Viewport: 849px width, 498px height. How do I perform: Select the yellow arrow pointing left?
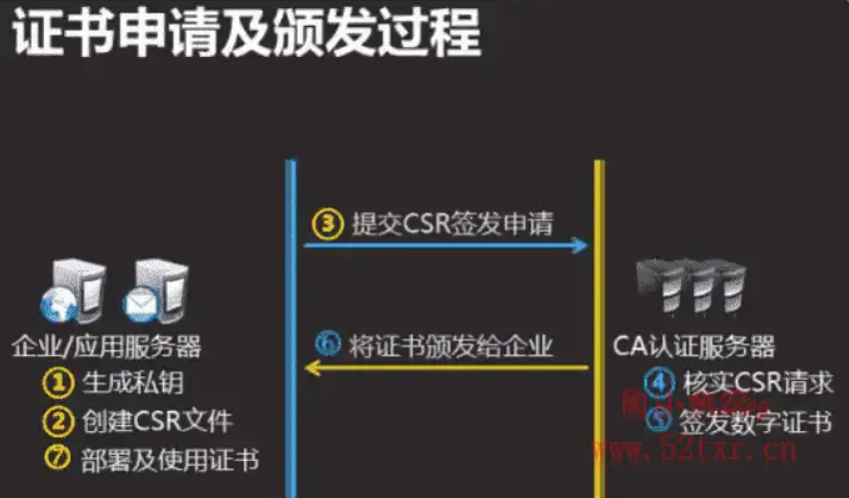tap(445, 369)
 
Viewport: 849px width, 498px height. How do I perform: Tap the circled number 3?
tap(327, 222)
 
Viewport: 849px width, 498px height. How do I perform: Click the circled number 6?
tap(328, 345)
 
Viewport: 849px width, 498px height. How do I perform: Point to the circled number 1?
tap(58, 382)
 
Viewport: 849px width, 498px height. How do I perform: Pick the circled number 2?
tap(58, 420)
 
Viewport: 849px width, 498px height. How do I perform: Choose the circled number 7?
tap(58, 458)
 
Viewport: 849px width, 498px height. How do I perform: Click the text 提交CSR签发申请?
tap(452, 223)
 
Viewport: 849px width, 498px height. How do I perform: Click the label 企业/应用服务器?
tap(107, 346)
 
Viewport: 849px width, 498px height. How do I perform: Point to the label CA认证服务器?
tap(695, 346)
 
